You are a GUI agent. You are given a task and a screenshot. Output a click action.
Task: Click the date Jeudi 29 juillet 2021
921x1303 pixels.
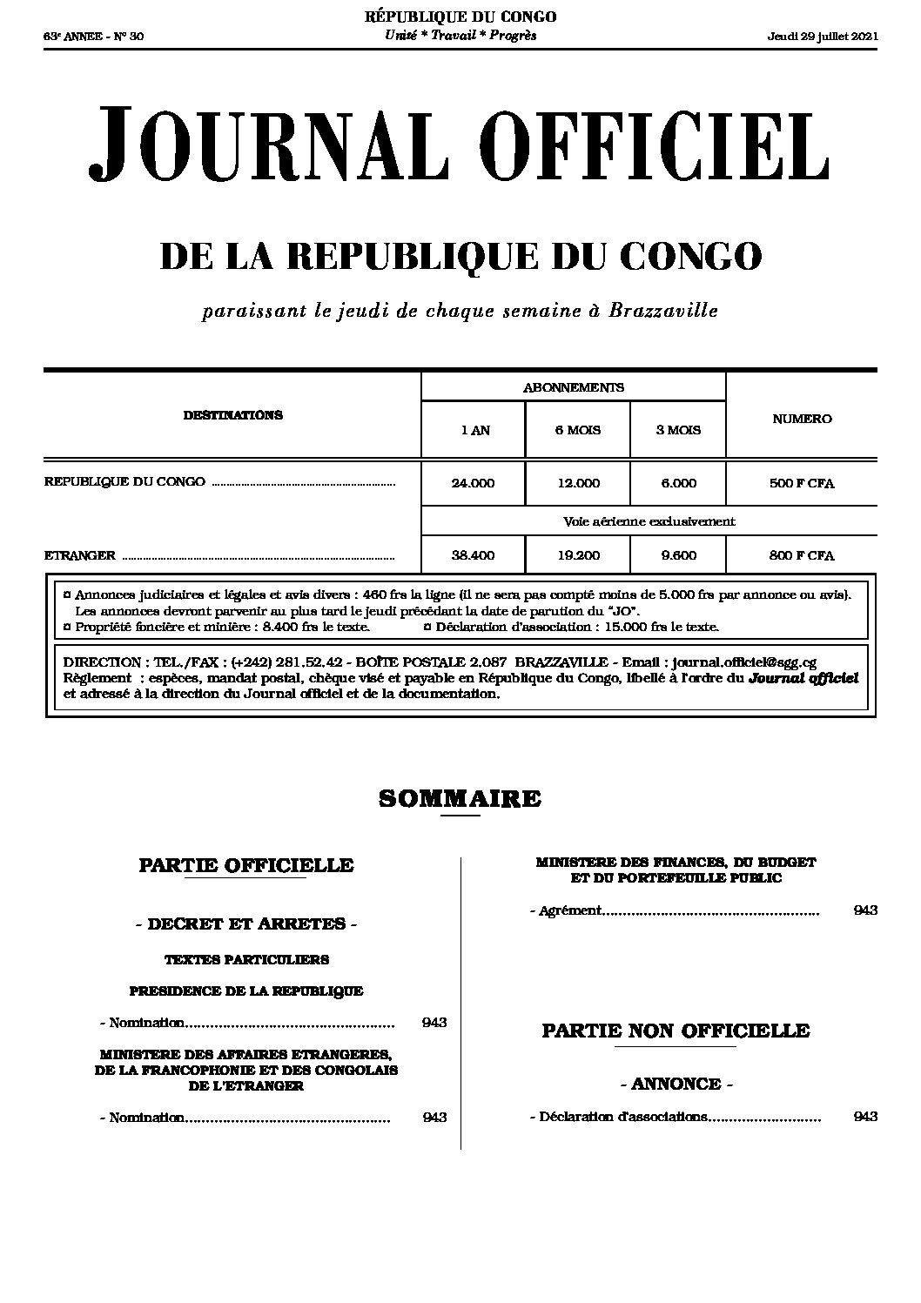(x=823, y=37)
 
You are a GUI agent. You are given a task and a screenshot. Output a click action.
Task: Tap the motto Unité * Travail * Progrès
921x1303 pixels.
(x=460, y=36)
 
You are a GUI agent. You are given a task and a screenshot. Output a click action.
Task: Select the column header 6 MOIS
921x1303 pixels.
(x=578, y=430)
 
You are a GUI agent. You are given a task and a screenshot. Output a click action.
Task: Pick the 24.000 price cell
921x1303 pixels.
(x=473, y=483)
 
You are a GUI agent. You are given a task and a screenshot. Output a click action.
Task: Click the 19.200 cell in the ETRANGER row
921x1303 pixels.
(x=578, y=555)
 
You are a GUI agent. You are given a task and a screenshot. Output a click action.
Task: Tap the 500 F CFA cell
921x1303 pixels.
(x=802, y=483)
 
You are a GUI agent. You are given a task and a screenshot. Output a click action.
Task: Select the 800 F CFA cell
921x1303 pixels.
(x=802, y=555)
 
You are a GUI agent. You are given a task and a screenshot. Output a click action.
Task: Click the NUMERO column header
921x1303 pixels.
(x=802, y=419)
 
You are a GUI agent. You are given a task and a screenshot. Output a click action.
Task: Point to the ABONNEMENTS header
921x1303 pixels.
(x=573, y=387)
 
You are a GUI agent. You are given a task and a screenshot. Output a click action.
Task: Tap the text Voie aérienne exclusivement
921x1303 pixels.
(x=649, y=521)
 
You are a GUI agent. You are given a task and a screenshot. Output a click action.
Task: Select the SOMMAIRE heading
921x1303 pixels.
(x=460, y=798)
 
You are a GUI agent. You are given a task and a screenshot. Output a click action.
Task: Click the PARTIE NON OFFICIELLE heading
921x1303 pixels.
(x=676, y=1031)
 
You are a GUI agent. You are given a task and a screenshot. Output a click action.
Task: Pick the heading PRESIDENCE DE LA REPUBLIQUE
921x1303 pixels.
(x=246, y=991)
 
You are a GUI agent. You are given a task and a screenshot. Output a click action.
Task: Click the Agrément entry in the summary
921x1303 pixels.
(x=569, y=910)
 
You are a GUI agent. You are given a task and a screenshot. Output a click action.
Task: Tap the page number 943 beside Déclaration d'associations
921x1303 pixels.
(x=865, y=1117)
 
